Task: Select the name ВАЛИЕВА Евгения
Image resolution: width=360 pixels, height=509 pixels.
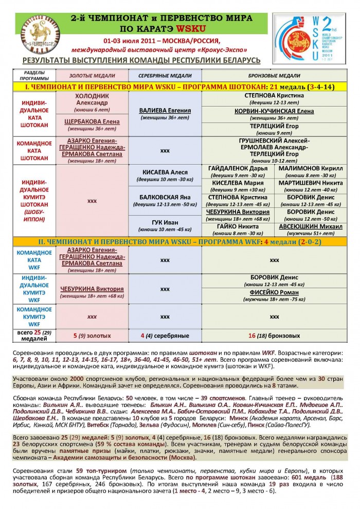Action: pos(165,110)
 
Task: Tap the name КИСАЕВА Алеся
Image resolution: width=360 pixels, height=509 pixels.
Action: pos(165,172)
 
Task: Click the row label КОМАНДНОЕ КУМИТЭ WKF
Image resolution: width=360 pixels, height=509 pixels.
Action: pos(34,317)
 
